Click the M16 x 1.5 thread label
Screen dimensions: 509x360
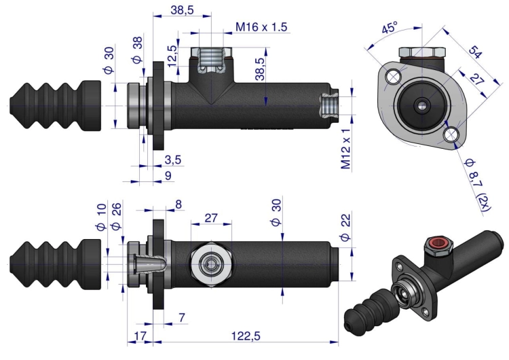(x=261, y=26)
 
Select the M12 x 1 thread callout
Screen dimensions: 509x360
(x=346, y=149)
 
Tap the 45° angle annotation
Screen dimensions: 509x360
(x=390, y=27)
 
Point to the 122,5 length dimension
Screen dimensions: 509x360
(x=246, y=336)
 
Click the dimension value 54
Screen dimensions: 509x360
(x=474, y=52)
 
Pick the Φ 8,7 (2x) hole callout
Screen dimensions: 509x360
(x=477, y=185)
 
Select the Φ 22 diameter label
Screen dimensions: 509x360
(x=346, y=228)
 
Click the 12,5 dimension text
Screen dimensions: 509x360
(x=173, y=56)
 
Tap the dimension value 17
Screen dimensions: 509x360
(x=140, y=336)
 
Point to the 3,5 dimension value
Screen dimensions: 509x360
(x=172, y=160)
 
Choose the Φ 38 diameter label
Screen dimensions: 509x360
(x=137, y=50)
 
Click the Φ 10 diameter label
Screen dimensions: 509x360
(x=101, y=217)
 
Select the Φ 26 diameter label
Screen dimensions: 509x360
(x=116, y=217)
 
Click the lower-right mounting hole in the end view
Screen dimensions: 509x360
(x=451, y=134)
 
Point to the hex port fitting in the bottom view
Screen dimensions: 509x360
(x=211, y=264)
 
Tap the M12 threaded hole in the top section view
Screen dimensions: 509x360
(x=328, y=106)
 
